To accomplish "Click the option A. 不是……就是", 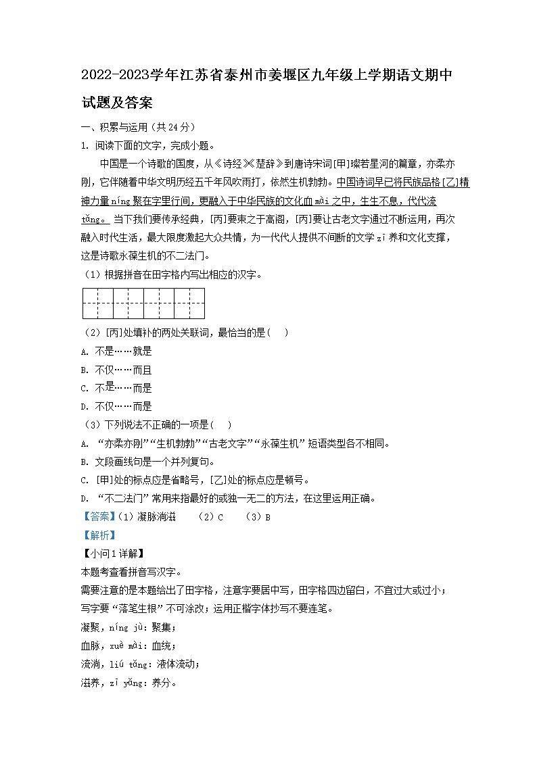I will coord(116,351).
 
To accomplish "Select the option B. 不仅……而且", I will coord(116,370).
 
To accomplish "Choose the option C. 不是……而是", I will coord(116,388).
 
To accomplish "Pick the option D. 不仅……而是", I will coord(116,406).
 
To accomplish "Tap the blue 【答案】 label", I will coord(98,517).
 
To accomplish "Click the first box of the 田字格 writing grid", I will coord(97,303).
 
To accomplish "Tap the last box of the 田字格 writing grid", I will coord(189,303).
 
